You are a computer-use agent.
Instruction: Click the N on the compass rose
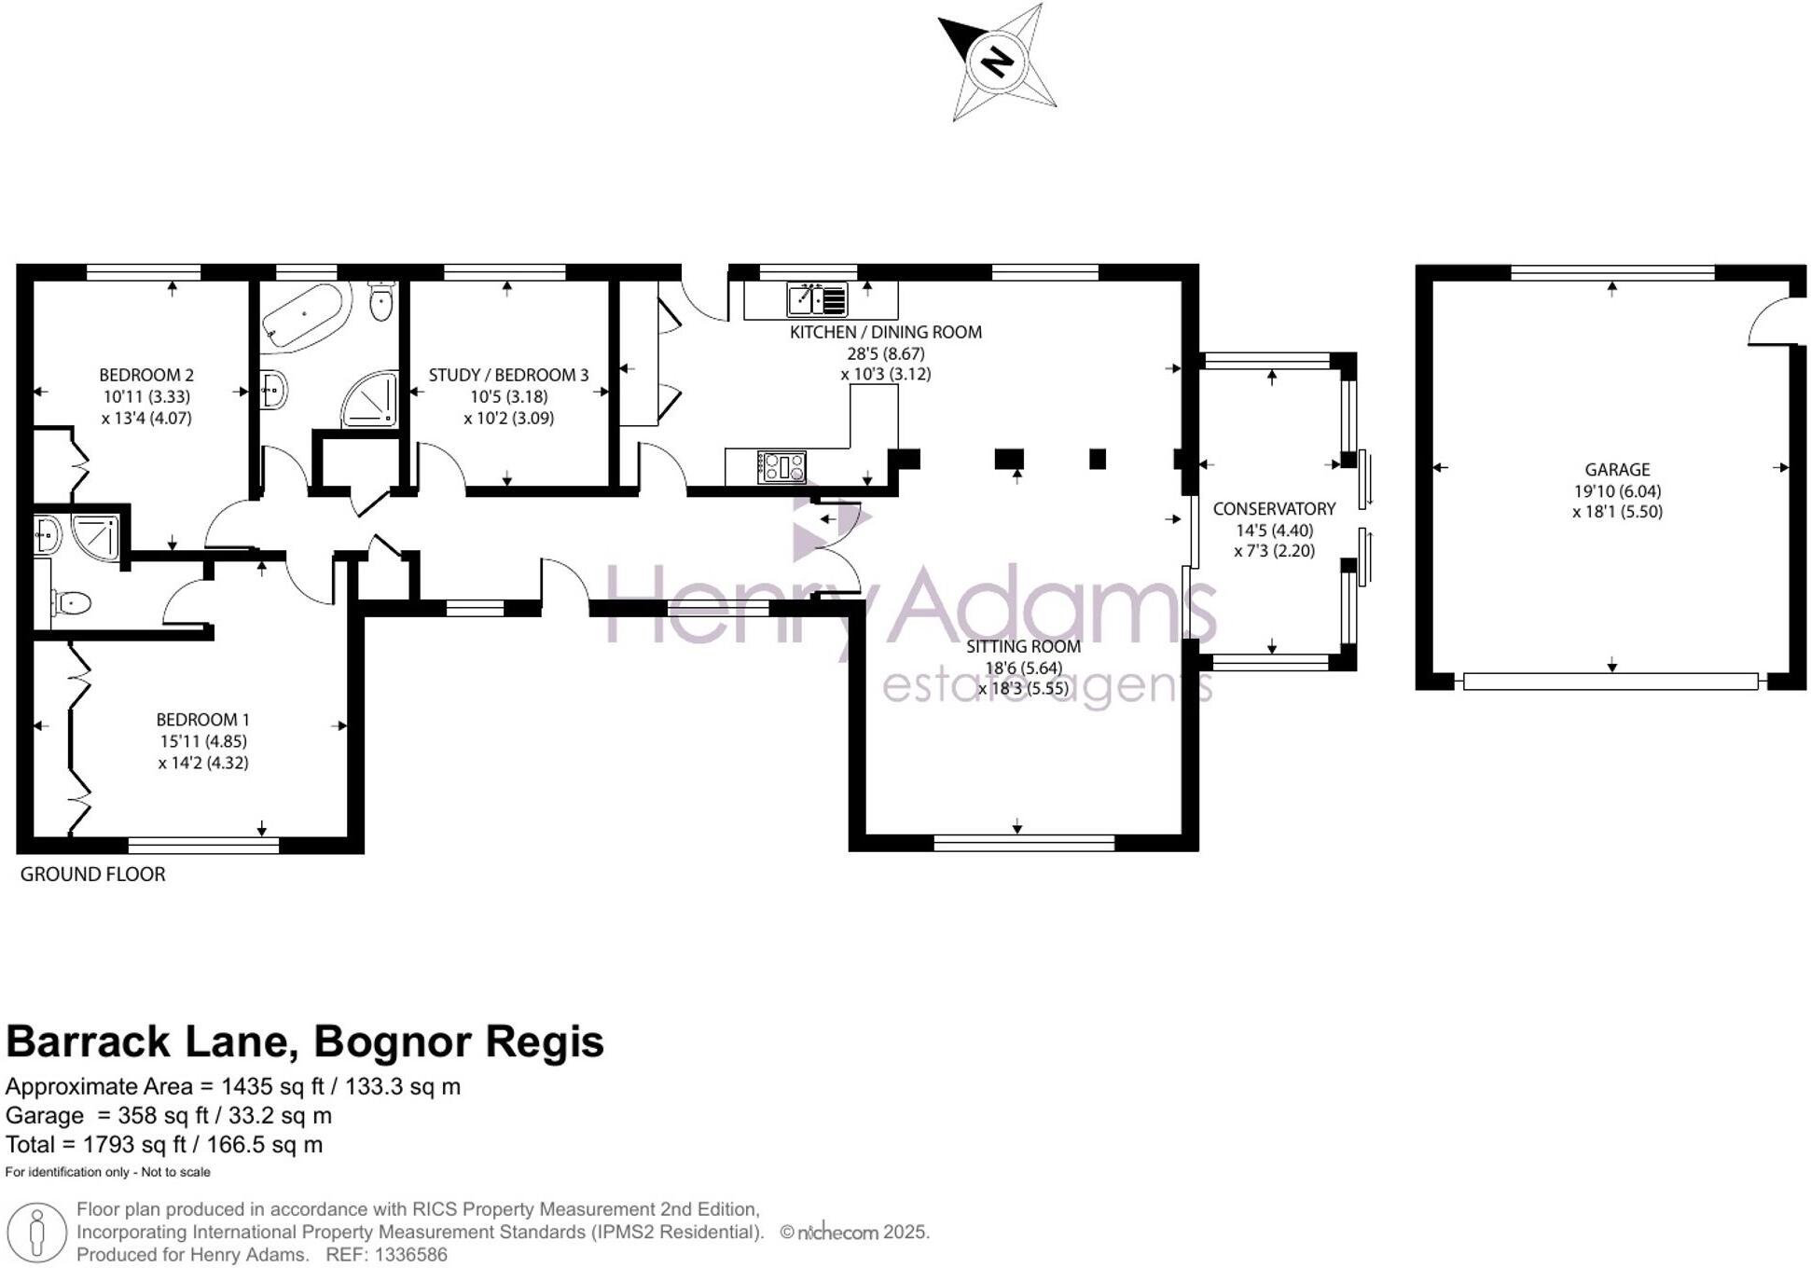tap(997, 62)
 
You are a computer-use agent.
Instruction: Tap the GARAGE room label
tap(1617, 470)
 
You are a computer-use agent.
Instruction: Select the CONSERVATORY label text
tap(1274, 509)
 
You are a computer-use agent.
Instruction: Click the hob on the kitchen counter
tap(781, 466)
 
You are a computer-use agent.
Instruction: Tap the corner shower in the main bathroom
tap(371, 400)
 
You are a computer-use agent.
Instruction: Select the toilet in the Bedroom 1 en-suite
tap(71, 603)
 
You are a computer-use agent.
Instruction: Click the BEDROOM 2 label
tap(146, 376)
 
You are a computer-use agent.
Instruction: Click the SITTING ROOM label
tap(1023, 646)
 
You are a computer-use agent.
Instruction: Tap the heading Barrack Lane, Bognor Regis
tap(305, 1041)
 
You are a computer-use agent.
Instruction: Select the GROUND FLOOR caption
tap(92, 875)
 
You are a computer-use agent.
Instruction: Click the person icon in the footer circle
tap(36, 1233)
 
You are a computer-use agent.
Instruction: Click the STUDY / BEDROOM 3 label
tap(508, 376)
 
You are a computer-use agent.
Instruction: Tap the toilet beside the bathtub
tap(380, 300)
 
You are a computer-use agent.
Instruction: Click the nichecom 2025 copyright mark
tap(854, 1233)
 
